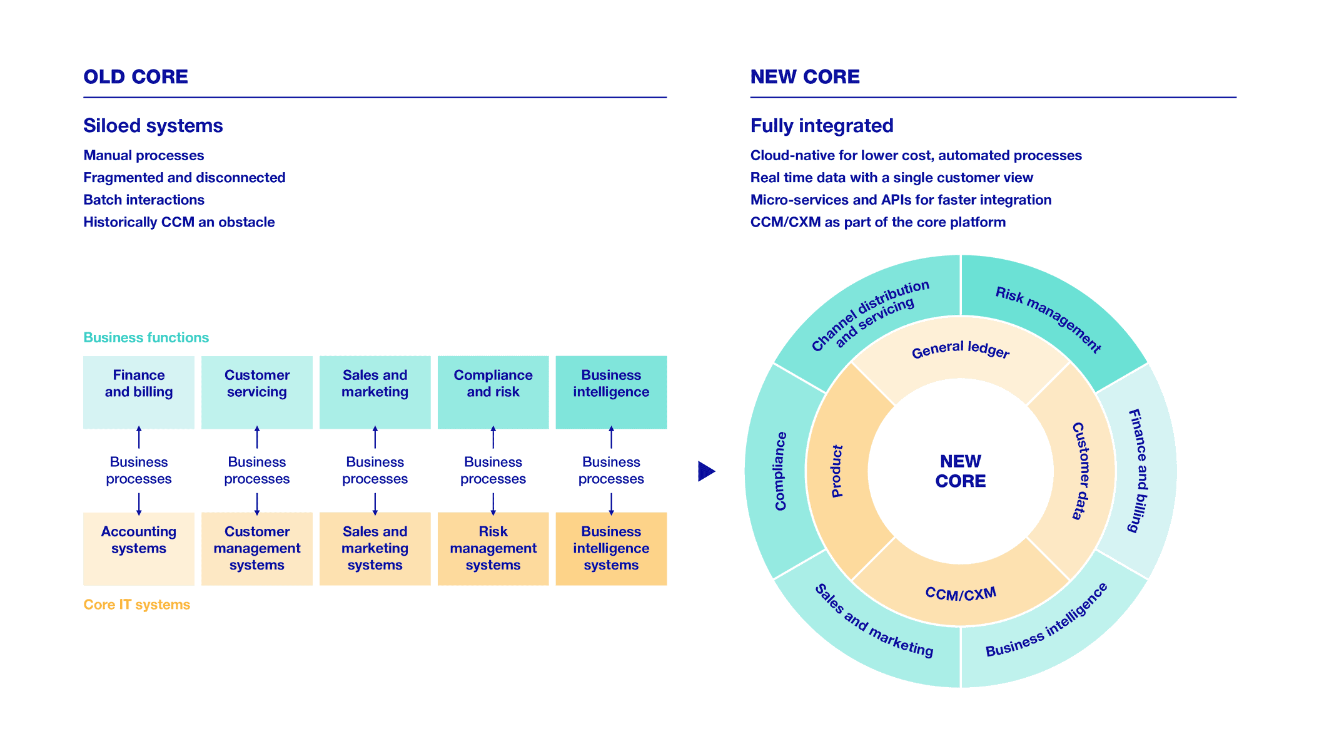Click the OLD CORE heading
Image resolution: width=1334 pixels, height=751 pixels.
(x=136, y=77)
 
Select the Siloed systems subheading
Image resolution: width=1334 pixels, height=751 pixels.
(x=153, y=126)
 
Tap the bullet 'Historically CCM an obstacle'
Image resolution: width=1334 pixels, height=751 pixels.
(x=179, y=222)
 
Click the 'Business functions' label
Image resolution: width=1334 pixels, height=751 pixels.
(x=146, y=337)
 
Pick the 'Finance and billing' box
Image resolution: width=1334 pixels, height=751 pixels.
(x=139, y=392)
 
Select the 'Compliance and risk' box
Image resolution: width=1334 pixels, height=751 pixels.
(x=493, y=392)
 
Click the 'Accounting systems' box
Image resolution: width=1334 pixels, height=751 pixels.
(x=139, y=548)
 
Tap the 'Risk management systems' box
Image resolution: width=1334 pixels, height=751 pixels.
(x=493, y=548)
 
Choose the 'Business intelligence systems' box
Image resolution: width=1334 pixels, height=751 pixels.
(x=611, y=548)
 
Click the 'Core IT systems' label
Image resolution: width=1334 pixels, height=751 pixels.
(x=136, y=605)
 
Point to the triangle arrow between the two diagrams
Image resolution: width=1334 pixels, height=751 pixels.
(x=705, y=471)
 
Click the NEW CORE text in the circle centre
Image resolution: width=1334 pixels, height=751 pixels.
(x=960, y=471)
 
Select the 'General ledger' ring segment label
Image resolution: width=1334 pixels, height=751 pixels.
(x=960, y=350)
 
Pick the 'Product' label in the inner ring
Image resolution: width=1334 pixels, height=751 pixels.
(x=837, y=471)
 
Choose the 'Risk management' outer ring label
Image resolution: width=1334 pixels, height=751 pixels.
(x=1048, y=319)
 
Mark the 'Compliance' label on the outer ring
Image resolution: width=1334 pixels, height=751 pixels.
(x=780, y=471)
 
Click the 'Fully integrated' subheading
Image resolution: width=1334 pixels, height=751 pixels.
(x=822, y=126)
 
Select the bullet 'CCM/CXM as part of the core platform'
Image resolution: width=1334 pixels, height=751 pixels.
(x=877, y=222)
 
